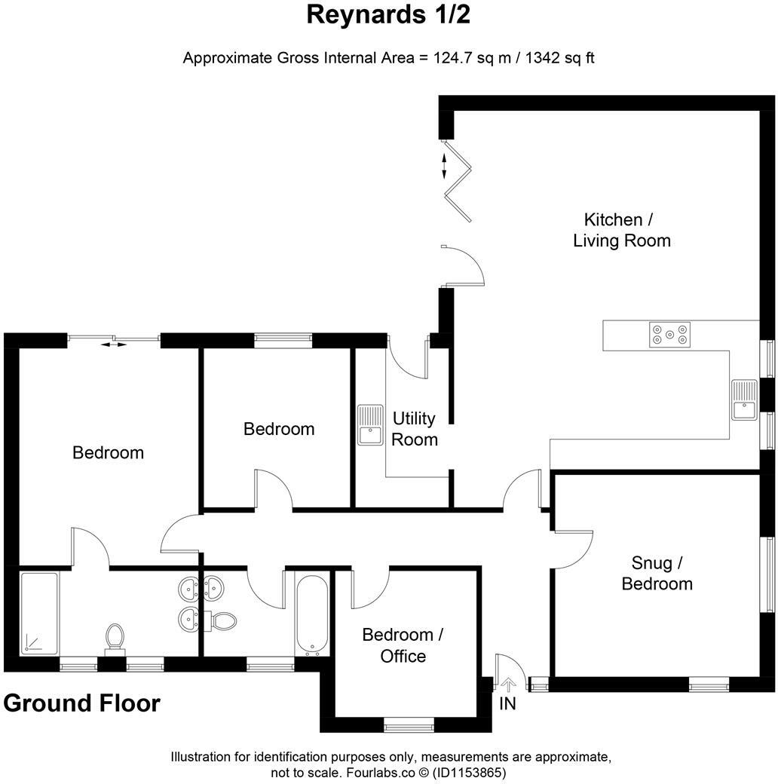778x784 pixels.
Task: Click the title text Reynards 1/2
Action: pos(388,15)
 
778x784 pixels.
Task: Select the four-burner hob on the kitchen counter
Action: pos(669,334)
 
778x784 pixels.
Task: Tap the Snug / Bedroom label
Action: pos(657,573)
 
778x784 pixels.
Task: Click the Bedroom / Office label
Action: pos(403,645)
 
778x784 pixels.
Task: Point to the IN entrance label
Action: pos(508,705)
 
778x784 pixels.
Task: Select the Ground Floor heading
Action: pos(81,703)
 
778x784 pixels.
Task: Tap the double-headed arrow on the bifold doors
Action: pos(444,166)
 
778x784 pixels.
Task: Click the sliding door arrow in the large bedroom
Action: pos(114,345)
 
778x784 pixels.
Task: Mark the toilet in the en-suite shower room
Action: pos(115,636)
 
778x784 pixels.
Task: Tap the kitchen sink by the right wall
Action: pos(743,400)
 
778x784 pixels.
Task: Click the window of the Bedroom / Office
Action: pos(409,726)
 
